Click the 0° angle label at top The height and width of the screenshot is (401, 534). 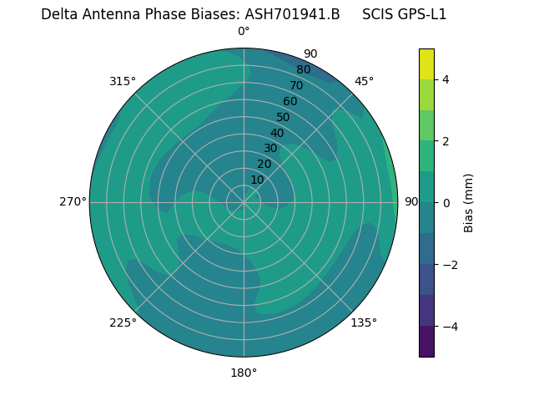[x=244, y=32]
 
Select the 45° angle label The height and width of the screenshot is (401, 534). [x=364, y=81]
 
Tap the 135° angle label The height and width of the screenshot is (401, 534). [x=364, y=322]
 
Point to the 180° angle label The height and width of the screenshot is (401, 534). [x=244, y=373]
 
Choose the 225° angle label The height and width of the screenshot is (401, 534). [x=123, y=322]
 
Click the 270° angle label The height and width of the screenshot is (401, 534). [x=73, y=201]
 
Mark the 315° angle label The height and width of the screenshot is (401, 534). [x=123, y=81]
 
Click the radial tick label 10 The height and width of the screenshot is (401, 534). [x=258, y=180]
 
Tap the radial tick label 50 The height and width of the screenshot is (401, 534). [x=284, y=117]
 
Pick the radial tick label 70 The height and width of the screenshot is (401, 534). [x=296, y=86]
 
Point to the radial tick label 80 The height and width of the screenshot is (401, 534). [x=303, y=70]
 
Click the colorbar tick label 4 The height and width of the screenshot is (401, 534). [x=446, y=79]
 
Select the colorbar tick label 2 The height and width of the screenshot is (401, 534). [x=446, y=141]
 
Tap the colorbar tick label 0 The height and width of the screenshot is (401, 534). [x=446, y=202]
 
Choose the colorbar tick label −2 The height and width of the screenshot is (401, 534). [x=450, y=264]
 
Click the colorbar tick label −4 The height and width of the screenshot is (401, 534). [x=450, y=326]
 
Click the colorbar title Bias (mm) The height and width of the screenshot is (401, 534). [x=469, y=202]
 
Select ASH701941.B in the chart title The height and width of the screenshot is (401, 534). [x=292, y=14]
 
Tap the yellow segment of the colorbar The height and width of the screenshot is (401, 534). [x=426, y=63]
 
